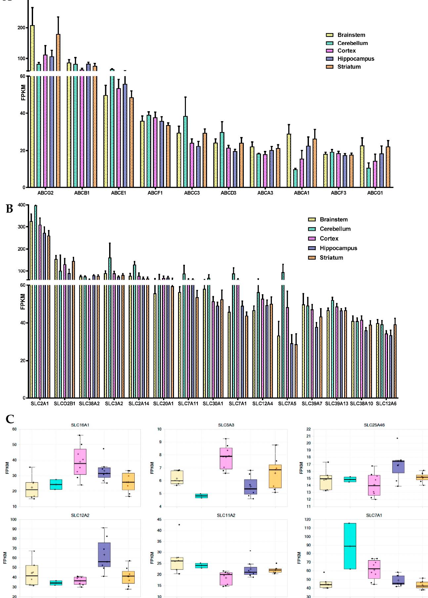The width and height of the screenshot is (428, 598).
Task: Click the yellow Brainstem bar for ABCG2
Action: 32,106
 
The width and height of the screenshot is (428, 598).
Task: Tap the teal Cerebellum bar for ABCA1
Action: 295,178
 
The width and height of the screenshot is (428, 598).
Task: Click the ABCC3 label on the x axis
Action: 192,193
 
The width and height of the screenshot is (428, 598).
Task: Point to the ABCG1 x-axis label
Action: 375,193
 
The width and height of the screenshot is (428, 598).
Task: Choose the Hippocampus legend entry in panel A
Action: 356,59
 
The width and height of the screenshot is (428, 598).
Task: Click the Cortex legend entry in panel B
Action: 329,239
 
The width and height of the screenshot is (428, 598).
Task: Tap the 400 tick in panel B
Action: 21,205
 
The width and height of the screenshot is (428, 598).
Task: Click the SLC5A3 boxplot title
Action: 226,425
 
